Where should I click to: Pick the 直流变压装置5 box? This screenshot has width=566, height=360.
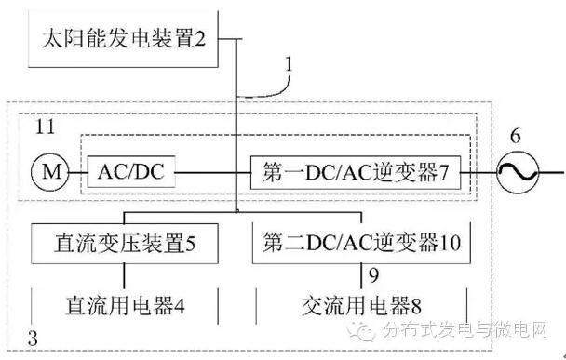pos(127,244)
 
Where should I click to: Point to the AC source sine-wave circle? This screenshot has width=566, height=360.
pos(513,172)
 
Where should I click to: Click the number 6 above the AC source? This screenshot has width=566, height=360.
pos(512,136)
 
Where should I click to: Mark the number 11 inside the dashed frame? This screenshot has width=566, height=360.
pos(44,127)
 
